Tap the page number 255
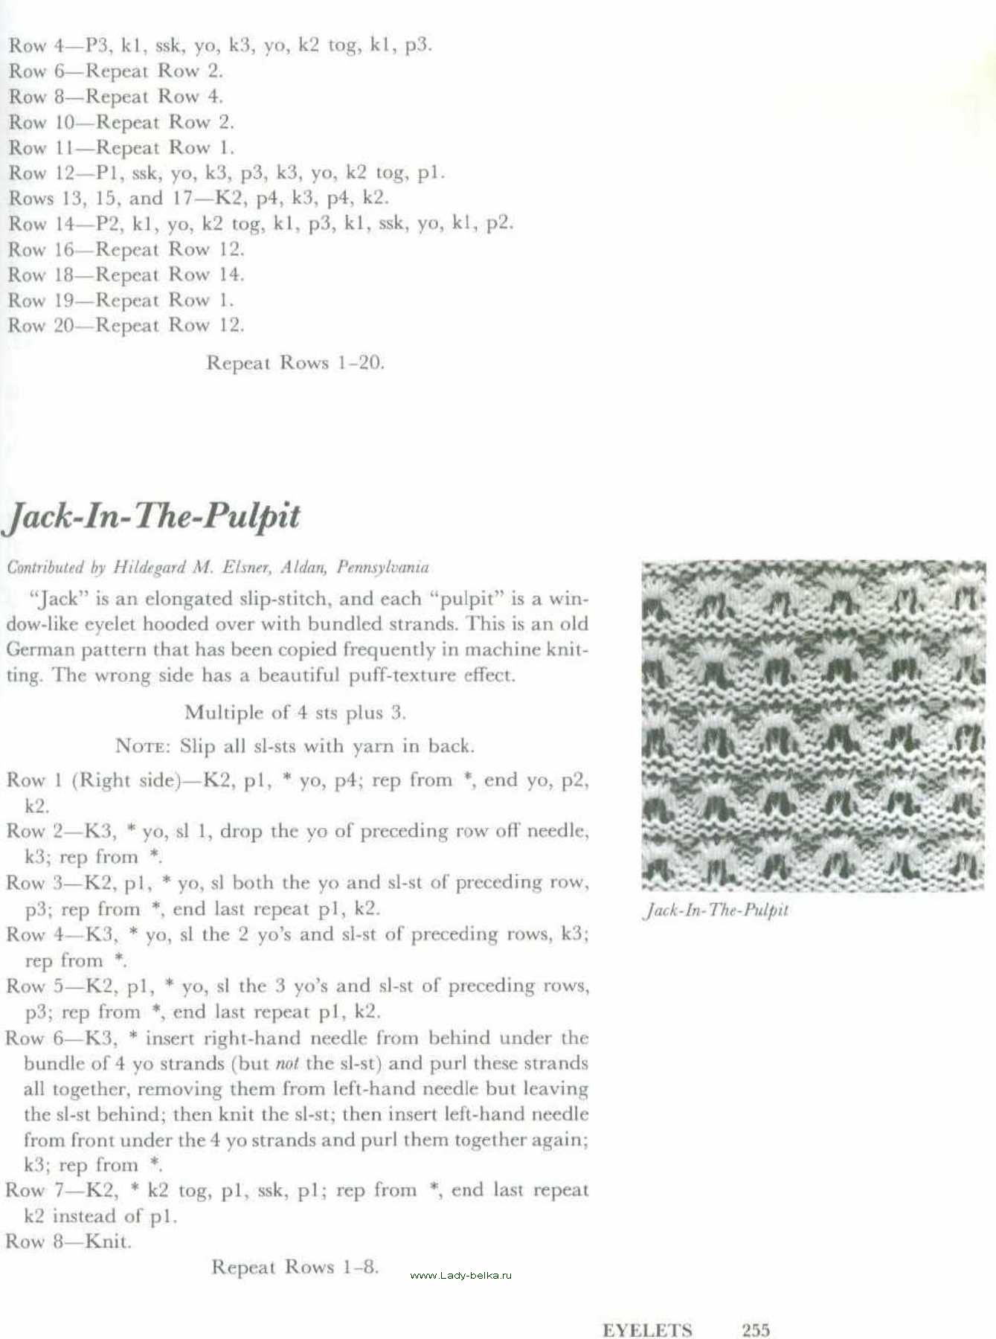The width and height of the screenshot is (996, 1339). click(x=756, y=1329)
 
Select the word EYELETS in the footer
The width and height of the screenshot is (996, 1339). click(x=647, y=1330)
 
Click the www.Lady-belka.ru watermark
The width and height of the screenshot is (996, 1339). click(x=461, y=1275)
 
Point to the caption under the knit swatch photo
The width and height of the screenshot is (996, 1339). click(x=715, y=910)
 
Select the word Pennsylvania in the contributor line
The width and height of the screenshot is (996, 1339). click(x=382, y=568)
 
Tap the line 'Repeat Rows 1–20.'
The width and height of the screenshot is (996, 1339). click(x=295, y=363)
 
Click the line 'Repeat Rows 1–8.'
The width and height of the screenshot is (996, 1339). click(x=295, y=1267)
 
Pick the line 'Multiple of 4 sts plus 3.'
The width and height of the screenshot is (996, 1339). click(x=295, y=713)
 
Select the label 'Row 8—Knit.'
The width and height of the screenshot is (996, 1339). click(x=68, y=1242)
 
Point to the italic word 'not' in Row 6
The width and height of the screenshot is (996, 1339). click(x=287, y=1064)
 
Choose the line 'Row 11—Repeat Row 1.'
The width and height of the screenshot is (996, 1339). click(x=121, y=147)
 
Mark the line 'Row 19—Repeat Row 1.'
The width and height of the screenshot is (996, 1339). click(x=121, y=301)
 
